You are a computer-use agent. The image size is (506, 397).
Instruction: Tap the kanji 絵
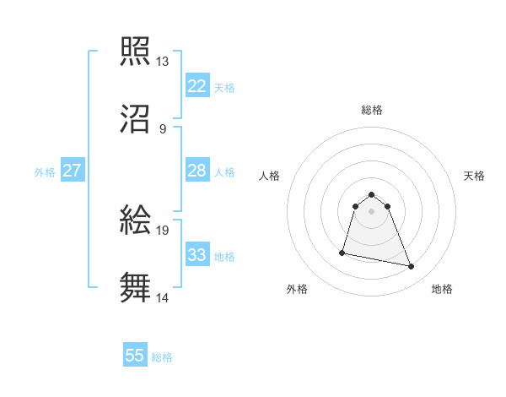(136, 219)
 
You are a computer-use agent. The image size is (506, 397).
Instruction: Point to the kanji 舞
(136, 286)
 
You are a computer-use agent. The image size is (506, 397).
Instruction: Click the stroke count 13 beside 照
(163, 62)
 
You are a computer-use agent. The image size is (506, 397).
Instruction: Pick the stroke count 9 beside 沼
(163, 129)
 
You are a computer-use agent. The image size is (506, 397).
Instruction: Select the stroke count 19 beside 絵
(163, 230)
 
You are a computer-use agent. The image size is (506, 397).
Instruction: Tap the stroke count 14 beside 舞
(163, 297)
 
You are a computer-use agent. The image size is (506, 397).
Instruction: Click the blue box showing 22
(197, 86)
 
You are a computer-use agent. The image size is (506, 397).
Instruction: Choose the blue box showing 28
(197, 171)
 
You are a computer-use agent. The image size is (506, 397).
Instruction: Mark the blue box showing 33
(197, 255)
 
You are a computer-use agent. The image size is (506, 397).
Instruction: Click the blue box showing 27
(73, 171)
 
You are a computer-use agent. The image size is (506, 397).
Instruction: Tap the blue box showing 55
(135, 356)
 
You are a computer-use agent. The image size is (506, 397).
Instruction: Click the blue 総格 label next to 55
(162, 357)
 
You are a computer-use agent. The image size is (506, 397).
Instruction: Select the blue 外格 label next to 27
(45, 171)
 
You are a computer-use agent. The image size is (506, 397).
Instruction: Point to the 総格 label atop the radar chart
(372, 110)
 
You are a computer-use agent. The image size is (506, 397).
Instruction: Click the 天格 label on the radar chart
(475, 176)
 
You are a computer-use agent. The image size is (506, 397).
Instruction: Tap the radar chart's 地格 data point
(412, 267)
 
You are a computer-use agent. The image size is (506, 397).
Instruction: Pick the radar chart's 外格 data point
(342, 252)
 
